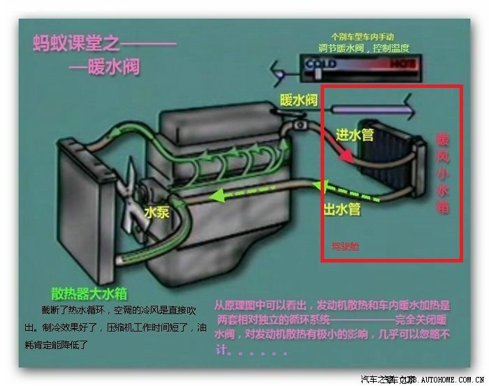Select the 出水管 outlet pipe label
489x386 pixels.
pyautogui.click(x=342, y=207)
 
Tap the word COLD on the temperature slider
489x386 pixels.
pyautogui.click(x=321, y=64)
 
